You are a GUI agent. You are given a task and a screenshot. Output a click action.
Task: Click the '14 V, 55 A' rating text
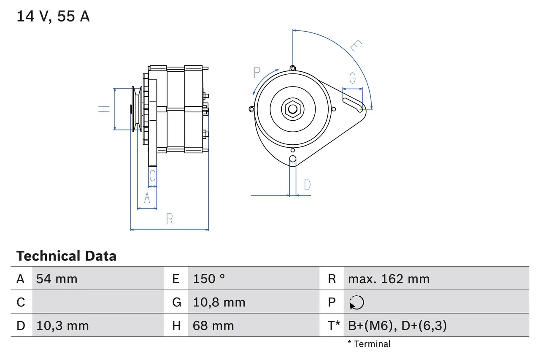click(x=53, y=17)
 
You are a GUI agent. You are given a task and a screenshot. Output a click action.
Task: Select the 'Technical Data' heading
click(x=66, y=256)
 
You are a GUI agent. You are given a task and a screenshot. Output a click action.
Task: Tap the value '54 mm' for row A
click(x=57, y=279)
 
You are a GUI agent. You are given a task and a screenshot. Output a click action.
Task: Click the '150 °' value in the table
click(x=209, y=279)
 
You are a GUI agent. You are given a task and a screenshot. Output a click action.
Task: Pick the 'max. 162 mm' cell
click(x=389, y=279)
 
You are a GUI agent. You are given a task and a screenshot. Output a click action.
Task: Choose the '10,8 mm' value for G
click(x=219, y=303)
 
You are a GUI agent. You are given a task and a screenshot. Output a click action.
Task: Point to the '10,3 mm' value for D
click(x=62, y=326)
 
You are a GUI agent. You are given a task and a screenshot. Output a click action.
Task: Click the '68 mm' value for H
click(x=213, y=326)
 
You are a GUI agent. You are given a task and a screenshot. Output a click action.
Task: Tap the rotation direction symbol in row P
click(x=356, y=303)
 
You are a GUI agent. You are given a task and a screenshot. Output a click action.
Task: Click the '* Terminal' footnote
click(x=369, y=344)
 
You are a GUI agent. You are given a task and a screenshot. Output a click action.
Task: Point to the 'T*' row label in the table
click(x=334, y=326)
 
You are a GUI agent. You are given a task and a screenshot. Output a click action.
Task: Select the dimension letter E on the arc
click(x=356, y=46)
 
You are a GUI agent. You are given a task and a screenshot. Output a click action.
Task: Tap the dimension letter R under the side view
click(x=169, y=219)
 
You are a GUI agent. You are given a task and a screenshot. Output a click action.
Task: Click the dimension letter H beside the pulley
click(x=104, y=109)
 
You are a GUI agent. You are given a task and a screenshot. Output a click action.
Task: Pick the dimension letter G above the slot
click(x=352, y=78)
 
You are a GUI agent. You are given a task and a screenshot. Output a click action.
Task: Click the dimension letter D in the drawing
click(x=307, y=185)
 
